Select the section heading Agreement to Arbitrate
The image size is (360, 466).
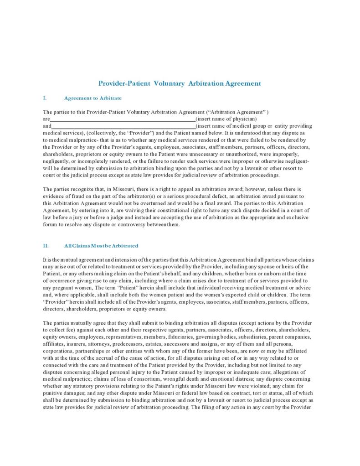[x=93, y=98]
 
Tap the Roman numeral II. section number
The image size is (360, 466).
[x=46, y=246]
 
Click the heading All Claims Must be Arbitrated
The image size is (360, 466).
[x=101, y=246]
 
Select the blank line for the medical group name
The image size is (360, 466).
[x=123, y=126]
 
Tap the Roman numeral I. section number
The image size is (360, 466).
[x=45, y=98]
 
